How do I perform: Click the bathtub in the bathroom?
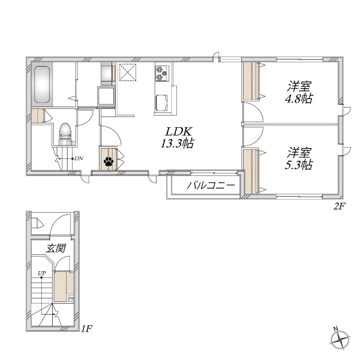pos(42,85)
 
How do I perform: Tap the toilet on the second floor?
pos(65,134)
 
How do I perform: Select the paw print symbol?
pos(108,162)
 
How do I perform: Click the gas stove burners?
pos(162,73)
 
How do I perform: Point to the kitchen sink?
pos(162,103)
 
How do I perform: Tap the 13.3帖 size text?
pos(177,144)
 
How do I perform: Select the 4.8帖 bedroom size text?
pos(298,99)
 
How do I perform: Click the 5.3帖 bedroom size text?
pos(298,165)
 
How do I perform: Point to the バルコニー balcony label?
pos(211,185)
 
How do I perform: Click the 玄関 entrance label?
pos(56,248)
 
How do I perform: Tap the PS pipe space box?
pos(71,299)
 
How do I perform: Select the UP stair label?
pos(42,273)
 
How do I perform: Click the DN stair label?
pos(79,158)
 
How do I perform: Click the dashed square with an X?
pos(128,72)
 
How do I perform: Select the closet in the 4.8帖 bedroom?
pos(251,81)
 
